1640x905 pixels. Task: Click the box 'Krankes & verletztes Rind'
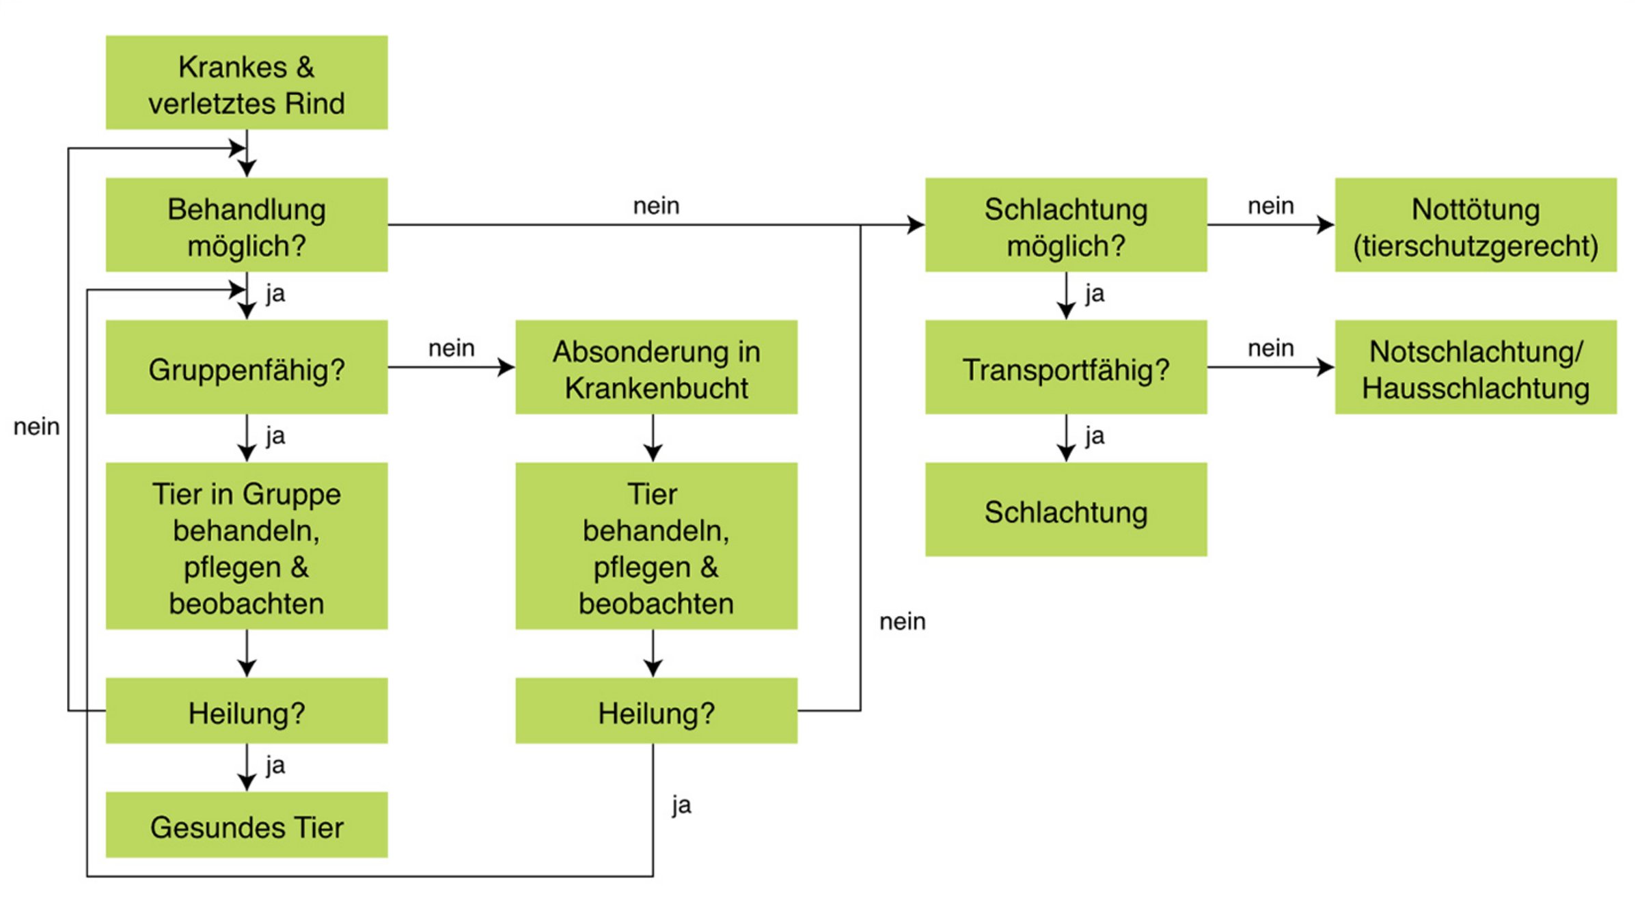coord(247,83)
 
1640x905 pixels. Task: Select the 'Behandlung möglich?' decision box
coord(247,226)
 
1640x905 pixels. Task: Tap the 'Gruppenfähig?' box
coord(247,368)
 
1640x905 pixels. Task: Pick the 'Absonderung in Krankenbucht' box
coord(656,368)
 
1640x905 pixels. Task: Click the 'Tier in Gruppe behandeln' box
coord(247,546)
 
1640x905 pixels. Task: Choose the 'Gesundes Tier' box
coord(247,826)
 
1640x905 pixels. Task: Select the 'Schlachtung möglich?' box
coord(1066,226)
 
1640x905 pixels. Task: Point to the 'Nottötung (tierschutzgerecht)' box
coord(1476,226)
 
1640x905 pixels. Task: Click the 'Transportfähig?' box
coord(1066,368)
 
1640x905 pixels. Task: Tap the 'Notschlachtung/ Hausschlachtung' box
coord(1476,368)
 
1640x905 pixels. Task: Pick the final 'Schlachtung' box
coord(1066,510)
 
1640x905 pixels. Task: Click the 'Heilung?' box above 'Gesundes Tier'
coord(247,711)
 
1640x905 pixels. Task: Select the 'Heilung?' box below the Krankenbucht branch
coord(656,711)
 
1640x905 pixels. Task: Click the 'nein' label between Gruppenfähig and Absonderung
coord(451,348)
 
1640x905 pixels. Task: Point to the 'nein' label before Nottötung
coord(1271,205)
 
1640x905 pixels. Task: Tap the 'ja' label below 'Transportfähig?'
coord(1095,435)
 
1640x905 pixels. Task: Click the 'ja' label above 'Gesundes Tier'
coord(275,765)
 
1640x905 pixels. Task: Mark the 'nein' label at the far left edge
coord(37,427)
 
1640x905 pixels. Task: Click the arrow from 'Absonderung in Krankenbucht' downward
coord(653,438)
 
